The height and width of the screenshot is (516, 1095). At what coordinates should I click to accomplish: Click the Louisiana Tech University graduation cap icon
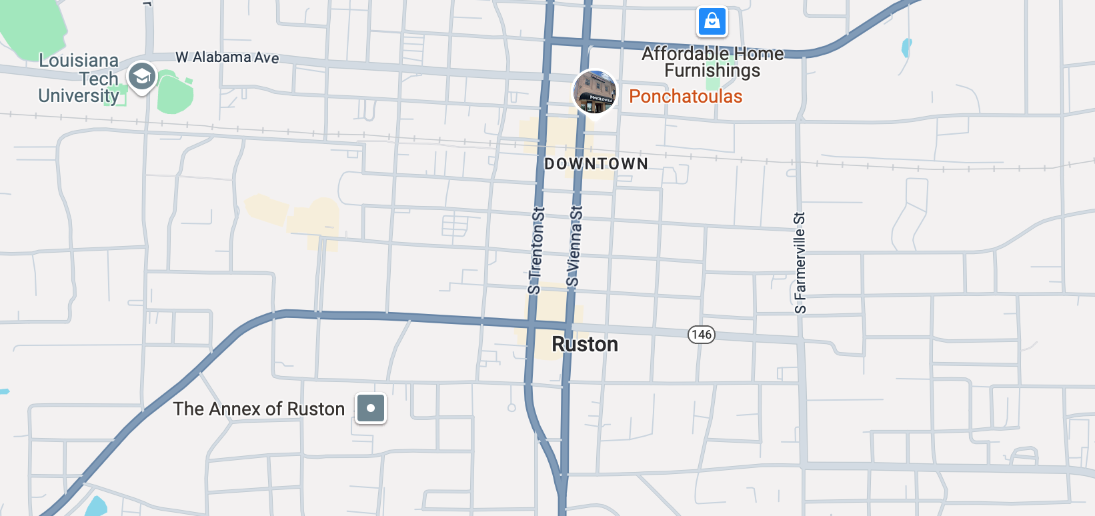(x=142, y=77)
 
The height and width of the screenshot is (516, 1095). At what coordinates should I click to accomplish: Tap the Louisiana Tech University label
(x=79, y=79)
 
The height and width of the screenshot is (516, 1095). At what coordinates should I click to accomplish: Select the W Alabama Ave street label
(x=227, y=57)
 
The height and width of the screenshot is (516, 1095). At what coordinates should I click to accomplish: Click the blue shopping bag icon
(x=712, y=21)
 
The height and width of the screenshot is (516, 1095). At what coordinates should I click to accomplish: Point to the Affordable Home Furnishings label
(x=712, y=62)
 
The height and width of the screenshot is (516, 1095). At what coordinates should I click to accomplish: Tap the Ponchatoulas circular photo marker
(x=595, y=92)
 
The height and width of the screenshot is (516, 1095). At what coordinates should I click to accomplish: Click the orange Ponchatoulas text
(x=686, y=97)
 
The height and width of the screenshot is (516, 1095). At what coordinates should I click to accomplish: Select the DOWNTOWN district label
(x=596, y=164)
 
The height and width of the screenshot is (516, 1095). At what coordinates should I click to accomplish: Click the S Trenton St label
(x=536, y=251)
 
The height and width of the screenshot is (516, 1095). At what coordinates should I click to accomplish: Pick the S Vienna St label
(x=574, y=246)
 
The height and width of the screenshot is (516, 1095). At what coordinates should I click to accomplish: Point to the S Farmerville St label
(x=800, y=263)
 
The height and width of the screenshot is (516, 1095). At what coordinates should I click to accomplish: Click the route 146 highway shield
(x=702, y=334)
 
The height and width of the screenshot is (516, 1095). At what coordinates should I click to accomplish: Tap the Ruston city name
(x=585, y=344)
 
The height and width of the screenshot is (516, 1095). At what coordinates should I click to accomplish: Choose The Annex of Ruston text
(x=259, y=409)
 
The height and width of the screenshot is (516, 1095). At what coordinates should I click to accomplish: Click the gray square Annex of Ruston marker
(x=371, y=408)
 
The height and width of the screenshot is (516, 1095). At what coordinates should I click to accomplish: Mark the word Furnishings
(x=712, y=71)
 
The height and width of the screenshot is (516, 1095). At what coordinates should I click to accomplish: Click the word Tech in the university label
(x=99, y=79)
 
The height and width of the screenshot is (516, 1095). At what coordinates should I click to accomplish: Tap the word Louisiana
(x=79, y=61)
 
